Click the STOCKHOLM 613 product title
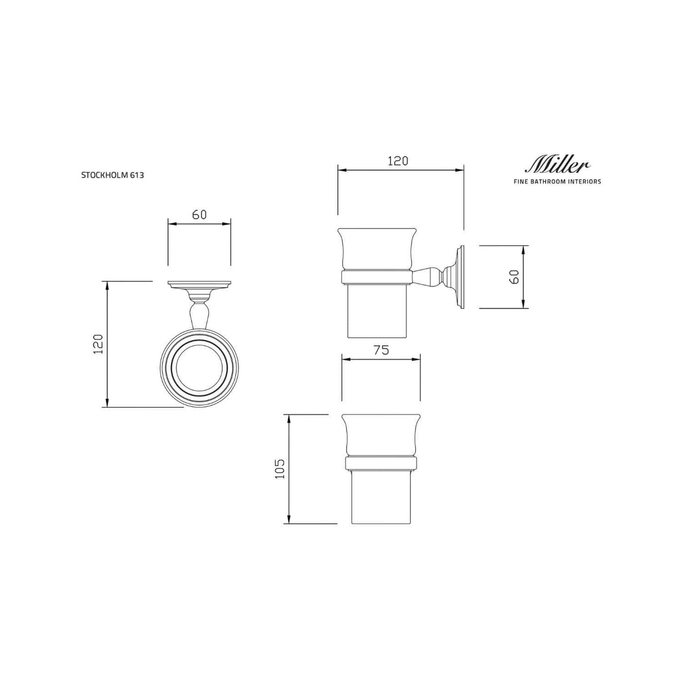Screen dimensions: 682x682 coord(113,175)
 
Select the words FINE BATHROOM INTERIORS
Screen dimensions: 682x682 coord(557,181)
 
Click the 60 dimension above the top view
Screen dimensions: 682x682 coord(199,214)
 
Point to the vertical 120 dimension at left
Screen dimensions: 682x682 coord(98,344)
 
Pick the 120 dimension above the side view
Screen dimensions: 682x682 coord(398,161)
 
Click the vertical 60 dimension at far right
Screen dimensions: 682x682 coord(515,276)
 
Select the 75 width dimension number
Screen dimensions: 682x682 coord(381,350)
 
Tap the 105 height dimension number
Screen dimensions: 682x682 coord(280,469)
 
